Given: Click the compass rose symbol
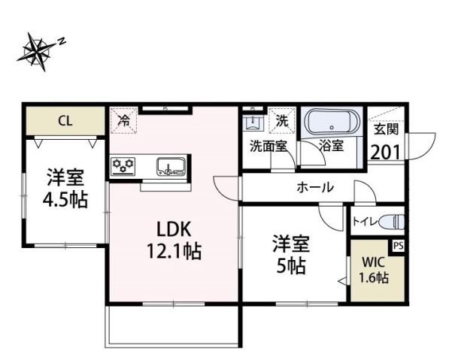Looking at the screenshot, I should [38, 50].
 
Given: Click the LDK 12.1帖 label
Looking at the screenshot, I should [178, 240].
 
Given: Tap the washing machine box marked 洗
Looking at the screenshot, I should [281, 119].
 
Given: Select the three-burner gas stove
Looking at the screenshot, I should [123, 165].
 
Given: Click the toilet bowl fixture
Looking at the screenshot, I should [390, 222].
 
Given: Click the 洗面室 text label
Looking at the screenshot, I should [268, 146].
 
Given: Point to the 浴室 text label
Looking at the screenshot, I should [331, 146].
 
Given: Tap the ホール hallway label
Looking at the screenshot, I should [314, 187].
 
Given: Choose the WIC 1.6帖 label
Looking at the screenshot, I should [373, 271].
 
